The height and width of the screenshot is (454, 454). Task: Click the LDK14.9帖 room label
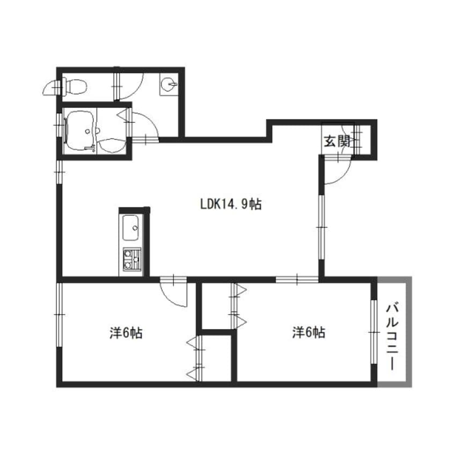click(x=231, y=204)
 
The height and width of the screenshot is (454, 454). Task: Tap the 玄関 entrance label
click(x=336, y=141)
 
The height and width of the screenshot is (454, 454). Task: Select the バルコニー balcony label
click(x=392, y=336)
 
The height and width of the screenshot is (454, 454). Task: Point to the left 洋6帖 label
click(x=126, y=333)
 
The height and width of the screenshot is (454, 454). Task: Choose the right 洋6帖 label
click(x=309, y=332)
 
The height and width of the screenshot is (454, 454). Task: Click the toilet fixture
click(x=74, y=86)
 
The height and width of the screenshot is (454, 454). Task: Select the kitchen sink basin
click(x=130, y=228)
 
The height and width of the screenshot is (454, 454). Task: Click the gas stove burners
click(x=132, y=259)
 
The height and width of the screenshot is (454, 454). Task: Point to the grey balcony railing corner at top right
click(x=409, y=280)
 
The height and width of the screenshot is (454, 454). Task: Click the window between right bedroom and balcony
click(x=374, y=332)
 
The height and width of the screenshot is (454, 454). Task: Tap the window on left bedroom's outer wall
click(x=59, y=314)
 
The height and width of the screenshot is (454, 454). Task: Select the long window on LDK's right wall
click(x=321, y=228)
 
